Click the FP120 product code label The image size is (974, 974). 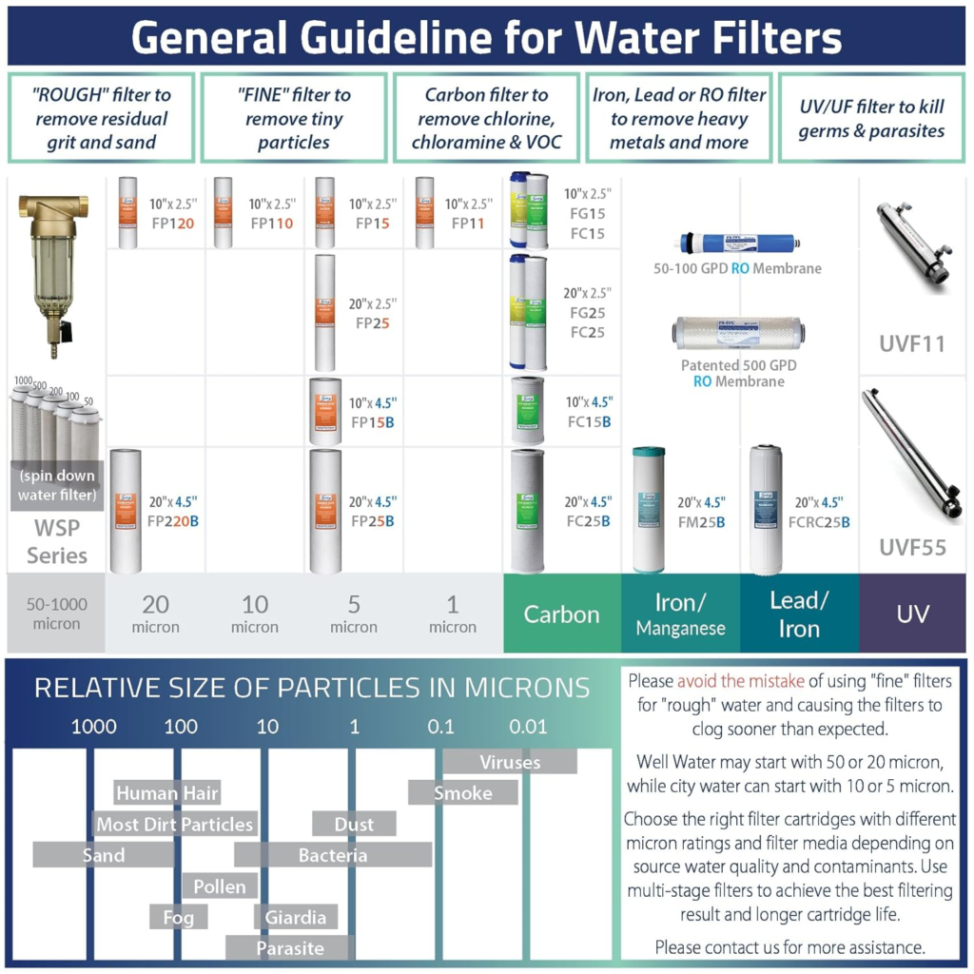[173, 224]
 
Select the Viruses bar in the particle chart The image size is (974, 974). [510, 762]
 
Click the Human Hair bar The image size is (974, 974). [167, 793]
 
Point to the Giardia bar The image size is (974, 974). [296, 918]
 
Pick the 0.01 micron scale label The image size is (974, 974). [528, 728]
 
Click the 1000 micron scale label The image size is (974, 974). [94, 728]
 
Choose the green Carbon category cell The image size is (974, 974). [562, 614]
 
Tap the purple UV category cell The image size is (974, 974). [912, 614]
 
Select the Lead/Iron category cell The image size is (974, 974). [799, 614]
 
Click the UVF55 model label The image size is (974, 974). [912, 547]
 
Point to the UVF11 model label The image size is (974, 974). [912, 343]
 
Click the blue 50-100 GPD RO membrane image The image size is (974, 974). [738, 242]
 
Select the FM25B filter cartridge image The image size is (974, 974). [649, 510]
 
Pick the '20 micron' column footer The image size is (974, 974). [156, 614]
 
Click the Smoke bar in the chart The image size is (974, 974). [463, 793]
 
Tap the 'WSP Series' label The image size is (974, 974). [57, 541]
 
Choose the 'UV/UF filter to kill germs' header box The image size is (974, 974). [871, 119]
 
